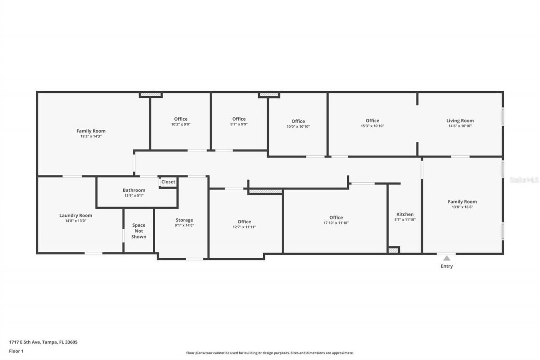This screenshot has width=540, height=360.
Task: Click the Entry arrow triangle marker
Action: [446, 258]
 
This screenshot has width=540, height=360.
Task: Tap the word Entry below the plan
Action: [446, 266]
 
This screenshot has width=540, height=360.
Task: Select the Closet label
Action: [168, 182]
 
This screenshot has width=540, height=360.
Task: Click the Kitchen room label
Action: [405, 214]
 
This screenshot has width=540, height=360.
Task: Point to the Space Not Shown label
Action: [138, 231]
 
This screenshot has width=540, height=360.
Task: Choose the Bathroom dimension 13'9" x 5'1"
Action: [134, 195]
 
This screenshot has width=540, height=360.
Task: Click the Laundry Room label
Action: [76, 215]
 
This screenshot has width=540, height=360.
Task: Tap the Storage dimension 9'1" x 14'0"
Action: [184, 225]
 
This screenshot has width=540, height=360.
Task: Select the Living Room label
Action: [460, 121]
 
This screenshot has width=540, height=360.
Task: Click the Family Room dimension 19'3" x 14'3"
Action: [91, 136]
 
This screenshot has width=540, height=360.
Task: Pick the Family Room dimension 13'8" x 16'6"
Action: [462, 207]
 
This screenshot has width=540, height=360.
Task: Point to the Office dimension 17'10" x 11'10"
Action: [336, 223]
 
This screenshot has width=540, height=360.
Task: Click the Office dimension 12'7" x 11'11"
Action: [244, 227]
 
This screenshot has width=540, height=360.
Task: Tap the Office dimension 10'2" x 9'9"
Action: [181, 125]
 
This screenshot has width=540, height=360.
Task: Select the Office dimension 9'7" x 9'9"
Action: [239, 124]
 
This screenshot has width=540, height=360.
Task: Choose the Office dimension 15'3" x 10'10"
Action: [372, 126]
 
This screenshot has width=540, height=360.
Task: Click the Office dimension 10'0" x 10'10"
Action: [298, 126]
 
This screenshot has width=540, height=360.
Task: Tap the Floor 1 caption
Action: [16, 351]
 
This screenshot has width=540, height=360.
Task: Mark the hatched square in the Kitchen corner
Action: [393, 250]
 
